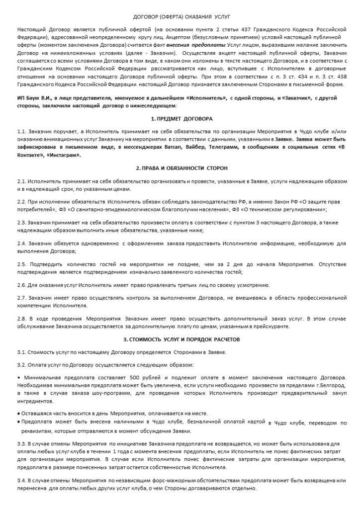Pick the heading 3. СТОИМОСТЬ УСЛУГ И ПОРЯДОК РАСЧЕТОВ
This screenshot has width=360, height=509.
coord(181,339)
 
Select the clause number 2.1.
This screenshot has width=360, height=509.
coord(21,181)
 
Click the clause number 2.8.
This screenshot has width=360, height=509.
coord(21,318)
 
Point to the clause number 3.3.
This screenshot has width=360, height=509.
coord(21,442)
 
